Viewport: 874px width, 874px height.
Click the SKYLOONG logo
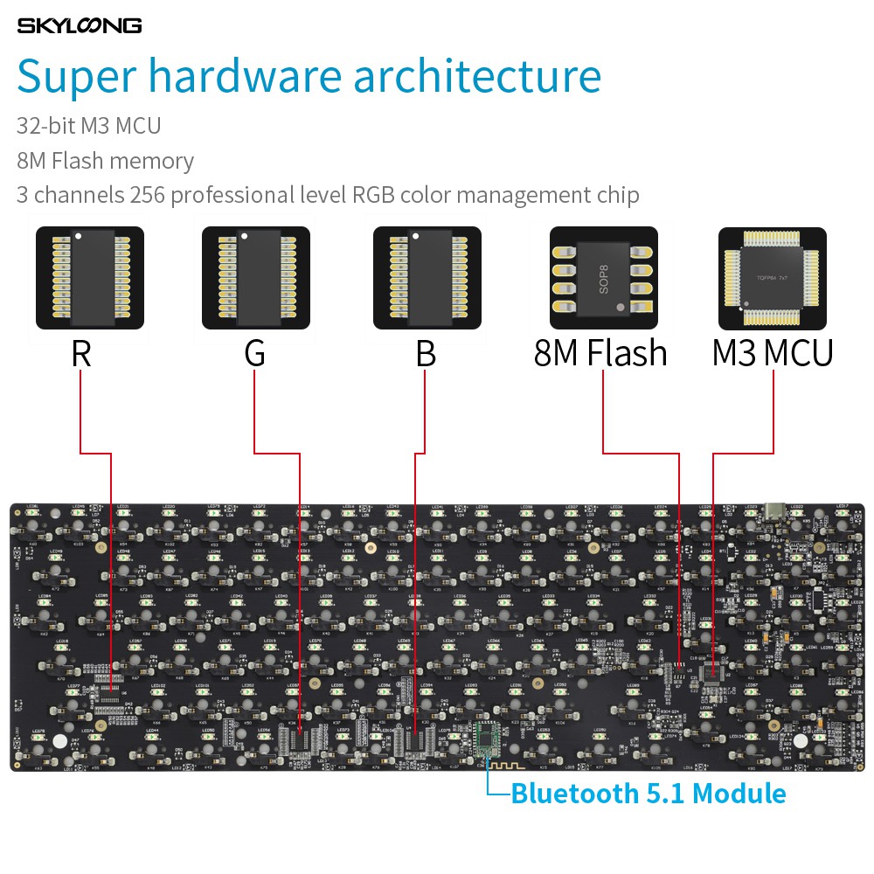[79, 25]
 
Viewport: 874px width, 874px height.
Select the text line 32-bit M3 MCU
[88, 126]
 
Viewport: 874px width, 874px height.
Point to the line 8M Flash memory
[105, 161]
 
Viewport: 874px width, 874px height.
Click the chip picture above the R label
[89, 278]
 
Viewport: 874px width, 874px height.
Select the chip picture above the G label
[256, 278]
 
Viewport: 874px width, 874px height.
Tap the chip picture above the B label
[427, 278]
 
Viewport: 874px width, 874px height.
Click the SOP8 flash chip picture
[603, 278]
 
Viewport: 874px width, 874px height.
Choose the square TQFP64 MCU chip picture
[773, 278]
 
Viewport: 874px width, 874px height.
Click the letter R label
[81, 353]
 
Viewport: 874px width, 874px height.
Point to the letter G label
[254, 353]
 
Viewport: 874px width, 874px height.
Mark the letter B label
[426, 353]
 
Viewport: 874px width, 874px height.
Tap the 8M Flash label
[600, 353]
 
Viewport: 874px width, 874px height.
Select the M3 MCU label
[773, 353]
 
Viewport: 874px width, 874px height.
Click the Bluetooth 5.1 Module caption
[648, 794]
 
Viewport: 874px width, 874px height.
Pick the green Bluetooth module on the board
[486, 741]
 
